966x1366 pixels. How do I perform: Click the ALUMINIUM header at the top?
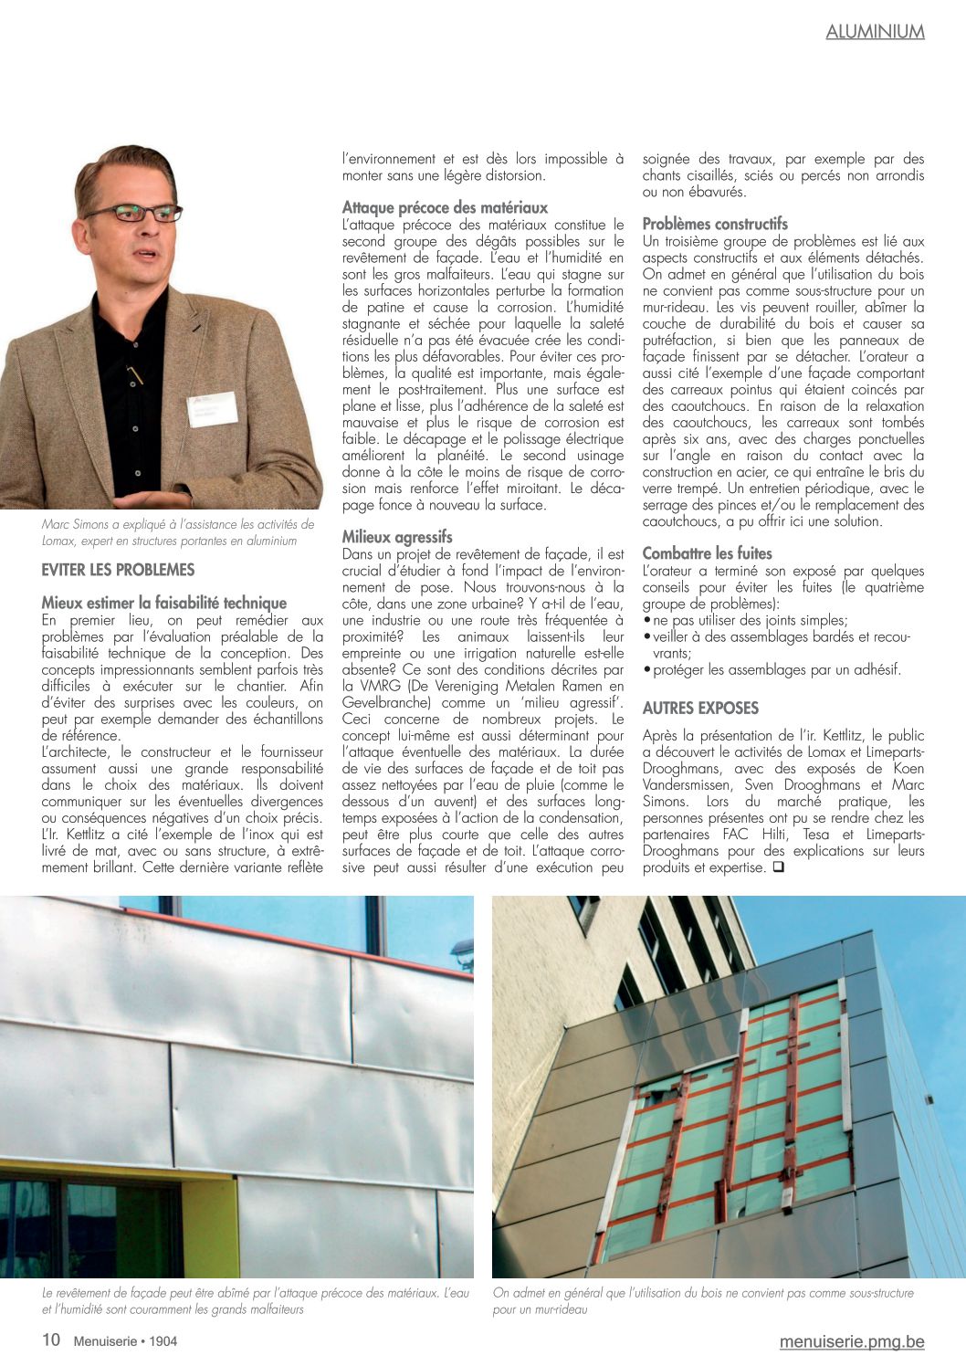pyautogui.click(x=875, y=32)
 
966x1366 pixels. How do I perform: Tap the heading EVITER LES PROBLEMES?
pyautogui.click(x=118, y=570)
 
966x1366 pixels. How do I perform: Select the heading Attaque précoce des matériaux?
pyautogui.click(x=445, y=207)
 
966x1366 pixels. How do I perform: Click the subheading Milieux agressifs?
pyautogui.click(x=397, y=537)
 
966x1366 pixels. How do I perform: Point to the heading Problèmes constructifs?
pyautogui.click(x=715, y=224)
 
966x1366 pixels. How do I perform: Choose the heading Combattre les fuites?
pyautogui.click(x=707, y=553)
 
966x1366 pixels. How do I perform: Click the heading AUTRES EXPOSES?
pyautogui.click(x=700, y=708)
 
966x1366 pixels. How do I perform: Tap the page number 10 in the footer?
pyautogui.click(x=51, y=1340)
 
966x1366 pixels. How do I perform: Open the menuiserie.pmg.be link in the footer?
pyautogui.click(x=851, y=1341)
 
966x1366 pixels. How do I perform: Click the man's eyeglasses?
pyautogui.click(x=135, y=214)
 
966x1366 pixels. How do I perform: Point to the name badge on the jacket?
pyautogui.click(x=213, y=408)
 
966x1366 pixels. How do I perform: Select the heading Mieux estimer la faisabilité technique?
pyautogui.click(x=164, y=603)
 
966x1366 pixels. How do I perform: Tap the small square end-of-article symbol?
pyautogui.click(x=778, y=867)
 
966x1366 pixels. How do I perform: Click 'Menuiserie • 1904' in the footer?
pyautogui.click(x=125, y=1341)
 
